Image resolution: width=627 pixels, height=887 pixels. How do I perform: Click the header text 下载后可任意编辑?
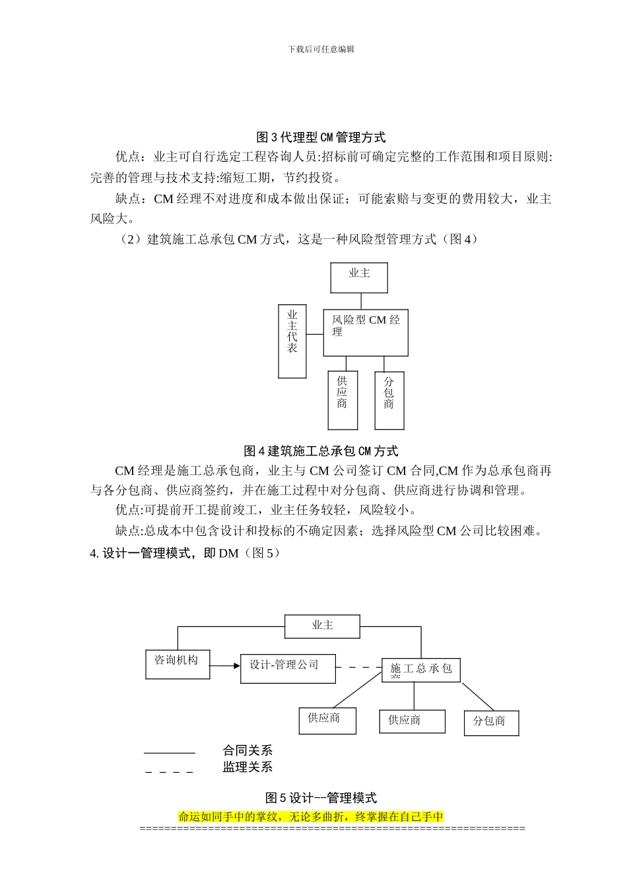point(321,49)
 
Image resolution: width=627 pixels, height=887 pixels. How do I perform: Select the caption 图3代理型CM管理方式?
point(321,137)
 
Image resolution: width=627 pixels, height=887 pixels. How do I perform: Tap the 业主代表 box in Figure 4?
point(292,341)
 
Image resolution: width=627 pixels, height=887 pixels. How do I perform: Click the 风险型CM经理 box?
point(366,333)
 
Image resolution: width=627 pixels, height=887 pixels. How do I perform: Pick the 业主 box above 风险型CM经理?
point(359,278)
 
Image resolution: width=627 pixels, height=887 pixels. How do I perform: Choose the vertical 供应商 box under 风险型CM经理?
point(343,400)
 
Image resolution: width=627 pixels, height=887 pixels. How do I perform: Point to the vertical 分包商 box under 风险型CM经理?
point(389,400)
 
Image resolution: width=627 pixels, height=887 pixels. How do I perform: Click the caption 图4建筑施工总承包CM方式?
point(321,451)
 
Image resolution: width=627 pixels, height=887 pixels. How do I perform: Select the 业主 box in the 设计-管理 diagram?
point(323,626)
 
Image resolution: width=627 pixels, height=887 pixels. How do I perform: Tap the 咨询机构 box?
point(178,664)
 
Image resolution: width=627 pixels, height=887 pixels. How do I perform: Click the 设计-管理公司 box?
point(288,669)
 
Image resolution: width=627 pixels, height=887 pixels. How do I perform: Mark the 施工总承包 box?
point(421,670)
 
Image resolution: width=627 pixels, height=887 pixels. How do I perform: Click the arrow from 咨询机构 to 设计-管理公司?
point(225,665)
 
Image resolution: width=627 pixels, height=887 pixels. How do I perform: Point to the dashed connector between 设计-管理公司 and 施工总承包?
point(358,667)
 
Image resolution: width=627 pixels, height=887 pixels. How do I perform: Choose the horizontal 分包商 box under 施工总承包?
point(491,723)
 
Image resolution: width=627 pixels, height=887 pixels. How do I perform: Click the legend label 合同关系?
point(247,750)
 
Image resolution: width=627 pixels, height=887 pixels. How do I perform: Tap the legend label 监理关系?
point(247,767)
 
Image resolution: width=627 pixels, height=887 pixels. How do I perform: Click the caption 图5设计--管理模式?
point(321,798)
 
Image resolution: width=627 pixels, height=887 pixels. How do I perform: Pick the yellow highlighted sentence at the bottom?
point(311,816)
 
